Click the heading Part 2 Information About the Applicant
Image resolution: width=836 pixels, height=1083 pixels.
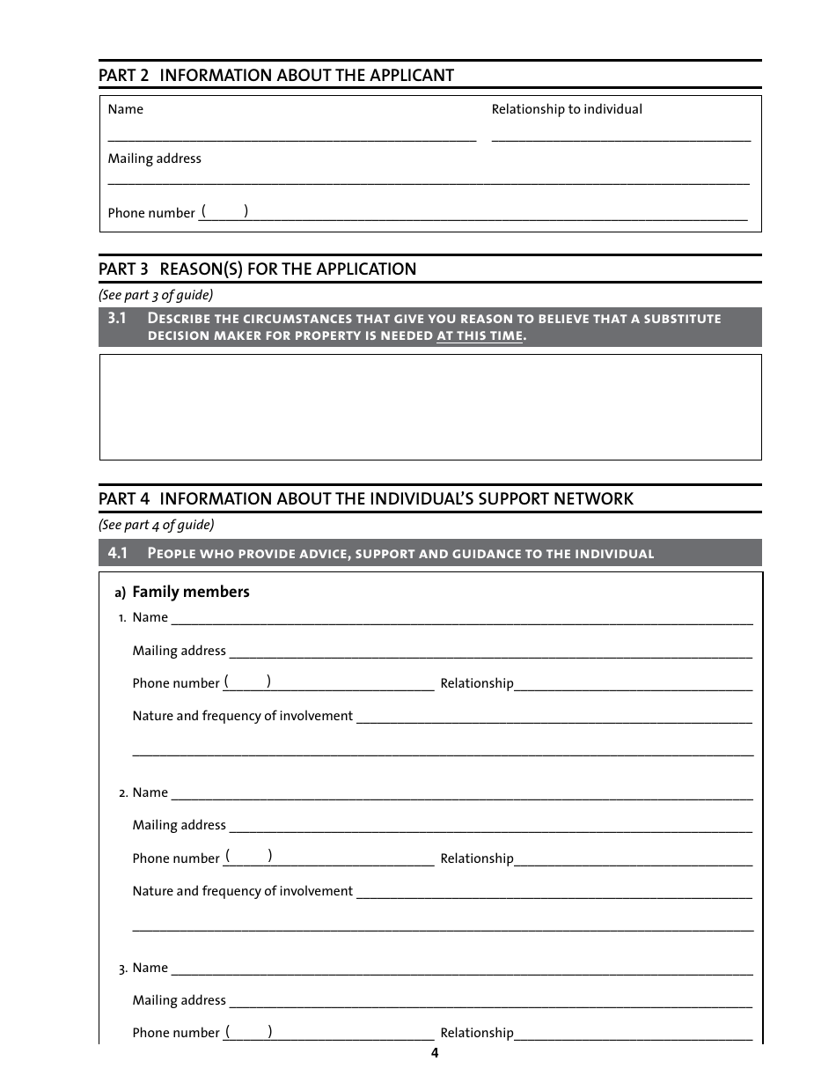(x=276, y=76)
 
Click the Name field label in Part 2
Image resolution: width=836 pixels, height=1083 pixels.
(x=125, y=109)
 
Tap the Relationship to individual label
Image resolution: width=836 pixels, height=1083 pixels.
(x=567, y=109)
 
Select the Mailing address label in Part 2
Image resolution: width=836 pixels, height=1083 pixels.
(x=154, y=158)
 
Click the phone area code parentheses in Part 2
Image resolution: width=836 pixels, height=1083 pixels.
(x=224, y=211)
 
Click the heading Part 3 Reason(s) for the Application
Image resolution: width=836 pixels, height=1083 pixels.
(x=257, y=269)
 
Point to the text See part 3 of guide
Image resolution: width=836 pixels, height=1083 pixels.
(x=156, y=295)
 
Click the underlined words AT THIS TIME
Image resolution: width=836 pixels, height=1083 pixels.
(x=480, y=336)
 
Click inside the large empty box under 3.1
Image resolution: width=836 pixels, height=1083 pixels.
(x=429, y=407)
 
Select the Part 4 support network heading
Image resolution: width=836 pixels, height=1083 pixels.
(x=365, y=499)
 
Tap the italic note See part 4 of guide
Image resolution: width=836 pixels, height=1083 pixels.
(x=156, y=525)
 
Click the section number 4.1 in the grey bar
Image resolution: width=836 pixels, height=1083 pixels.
(x=118, y=553)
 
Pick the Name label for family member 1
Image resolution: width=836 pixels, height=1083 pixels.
(x=150, y=617)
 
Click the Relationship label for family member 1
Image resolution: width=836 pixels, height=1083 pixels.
(x=476, y=683)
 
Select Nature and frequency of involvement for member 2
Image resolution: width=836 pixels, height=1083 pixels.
(x=242, y=891)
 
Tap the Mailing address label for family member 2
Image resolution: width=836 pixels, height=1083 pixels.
(x=179, y=825)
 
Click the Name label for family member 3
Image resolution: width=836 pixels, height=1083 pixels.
(x=150, y=968)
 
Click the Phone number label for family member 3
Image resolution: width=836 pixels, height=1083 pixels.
(x=175, y=1033)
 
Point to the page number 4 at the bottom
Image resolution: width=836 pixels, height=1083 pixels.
(x=434, y=1054)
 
